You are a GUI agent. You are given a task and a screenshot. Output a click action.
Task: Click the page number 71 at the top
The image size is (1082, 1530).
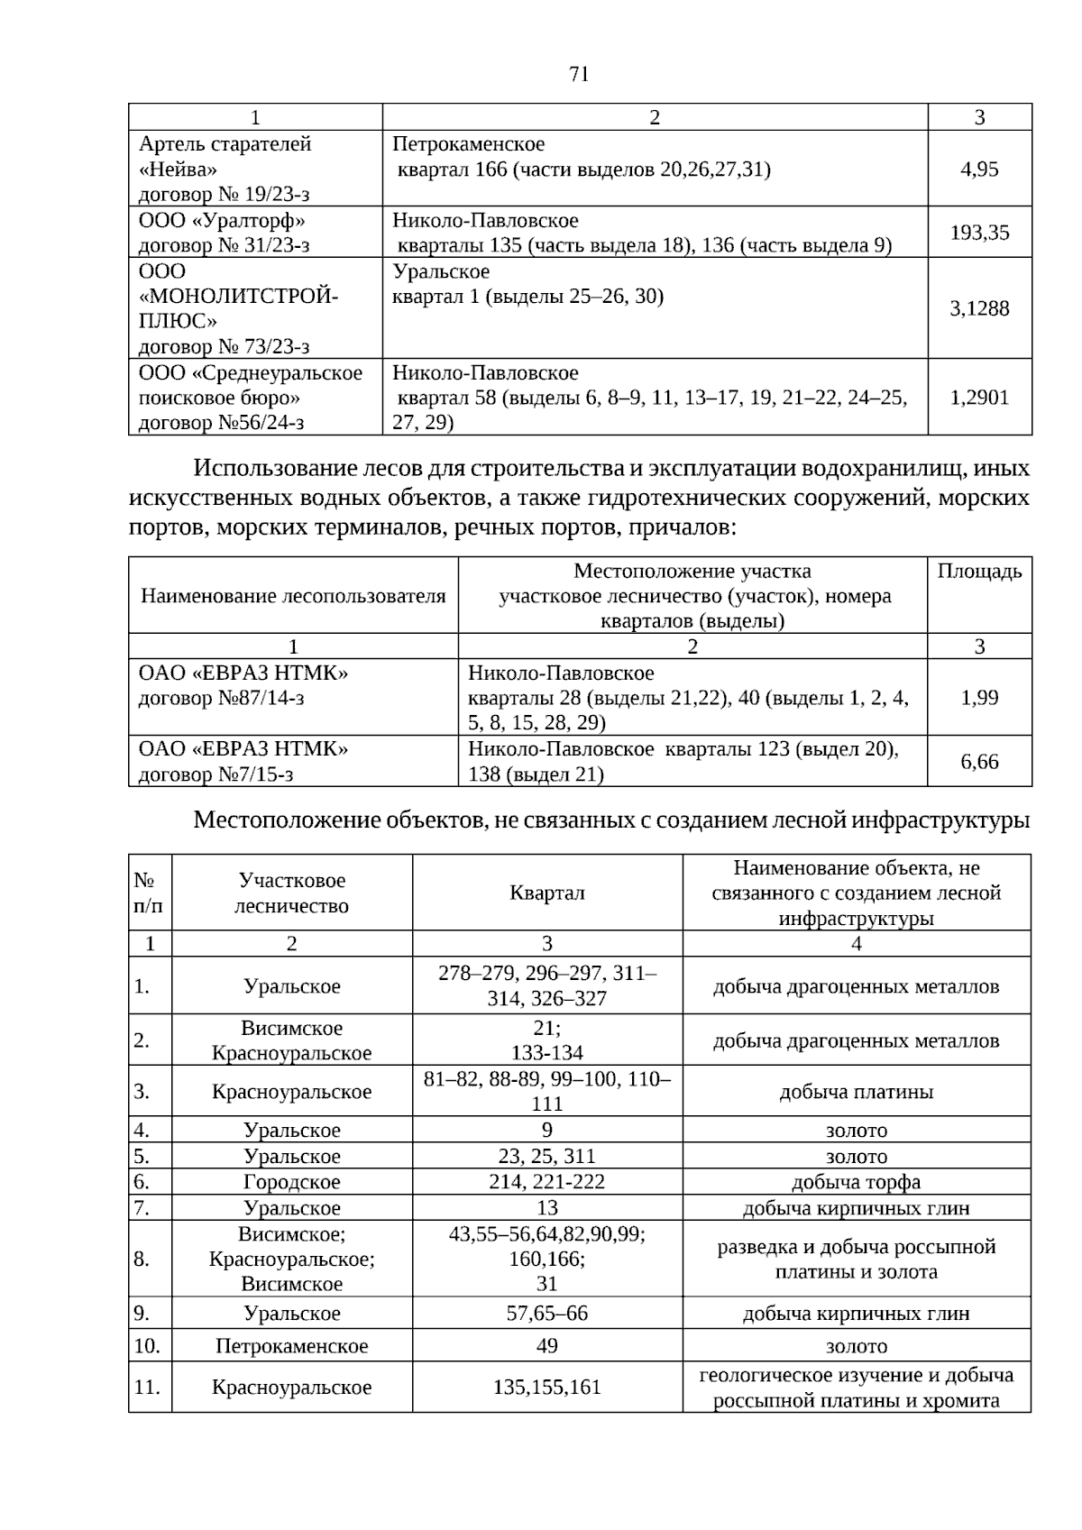coord(579,74)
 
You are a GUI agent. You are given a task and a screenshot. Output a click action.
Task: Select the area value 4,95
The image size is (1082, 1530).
coord(979,169)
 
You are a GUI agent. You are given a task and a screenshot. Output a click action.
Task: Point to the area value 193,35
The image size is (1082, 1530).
coord(979,233)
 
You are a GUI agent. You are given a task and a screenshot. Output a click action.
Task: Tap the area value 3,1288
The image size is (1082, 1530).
coord(979,308)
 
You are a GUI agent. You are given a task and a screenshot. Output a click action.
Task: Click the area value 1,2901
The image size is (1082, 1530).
coord(979,398)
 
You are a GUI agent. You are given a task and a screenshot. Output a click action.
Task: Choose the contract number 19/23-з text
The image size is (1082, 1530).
coord(224,195)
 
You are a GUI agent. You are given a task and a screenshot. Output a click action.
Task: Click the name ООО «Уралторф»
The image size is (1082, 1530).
coord(222,221)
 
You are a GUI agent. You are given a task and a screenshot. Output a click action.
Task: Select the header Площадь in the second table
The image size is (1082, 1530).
coord(979,572)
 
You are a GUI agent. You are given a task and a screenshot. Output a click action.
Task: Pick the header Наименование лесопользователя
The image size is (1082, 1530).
coord(293,596)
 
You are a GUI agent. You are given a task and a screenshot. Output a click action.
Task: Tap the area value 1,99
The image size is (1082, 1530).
coord(979,698)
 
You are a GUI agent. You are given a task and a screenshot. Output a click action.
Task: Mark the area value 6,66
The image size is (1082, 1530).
coord(979,762)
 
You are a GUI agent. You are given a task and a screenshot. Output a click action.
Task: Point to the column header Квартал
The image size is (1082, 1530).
coord(546,893)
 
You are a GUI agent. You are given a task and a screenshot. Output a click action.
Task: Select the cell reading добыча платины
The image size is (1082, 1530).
coord(856,1092)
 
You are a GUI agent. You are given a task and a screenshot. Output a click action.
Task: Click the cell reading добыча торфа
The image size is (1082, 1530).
coord(856,1182)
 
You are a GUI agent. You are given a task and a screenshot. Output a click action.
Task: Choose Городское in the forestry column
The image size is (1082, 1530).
coord(291,1182)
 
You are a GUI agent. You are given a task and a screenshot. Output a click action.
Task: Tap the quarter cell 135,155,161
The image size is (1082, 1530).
coord(546,1388)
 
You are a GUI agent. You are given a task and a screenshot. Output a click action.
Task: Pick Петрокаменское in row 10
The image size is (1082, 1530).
coord(291,1346)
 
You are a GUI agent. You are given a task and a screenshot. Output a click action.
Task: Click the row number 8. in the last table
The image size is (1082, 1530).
coord(142,1260)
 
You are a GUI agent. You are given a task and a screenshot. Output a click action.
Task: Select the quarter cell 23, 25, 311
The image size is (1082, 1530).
coord(546,1157)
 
